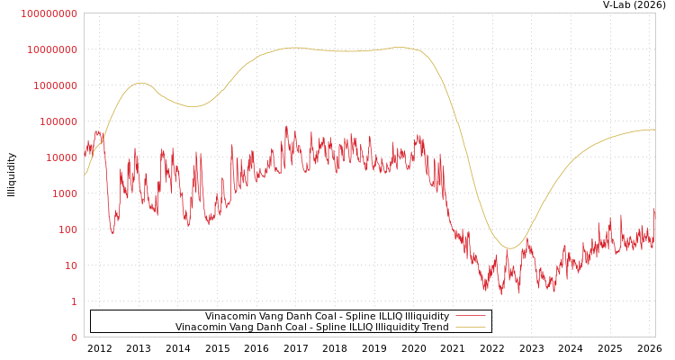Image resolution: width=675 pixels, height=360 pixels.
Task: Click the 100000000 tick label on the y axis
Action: [49, 13]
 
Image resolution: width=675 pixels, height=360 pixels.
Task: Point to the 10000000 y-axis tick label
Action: [51, 49]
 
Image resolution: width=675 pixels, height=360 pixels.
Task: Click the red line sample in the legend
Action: [471, 316]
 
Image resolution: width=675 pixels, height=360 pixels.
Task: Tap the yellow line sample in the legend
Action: [471, 327]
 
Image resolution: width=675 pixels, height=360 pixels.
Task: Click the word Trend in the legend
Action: [434, 327]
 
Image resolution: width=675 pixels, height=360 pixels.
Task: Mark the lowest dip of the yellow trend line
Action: [510, 248]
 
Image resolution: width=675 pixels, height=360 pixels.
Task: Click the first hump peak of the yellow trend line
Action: [139, 83]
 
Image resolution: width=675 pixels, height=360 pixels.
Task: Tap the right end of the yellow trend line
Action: [654, 130]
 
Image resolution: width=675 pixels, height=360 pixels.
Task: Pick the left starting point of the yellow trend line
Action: [85, 175]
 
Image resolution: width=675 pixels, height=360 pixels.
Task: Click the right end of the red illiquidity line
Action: [654, 209]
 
